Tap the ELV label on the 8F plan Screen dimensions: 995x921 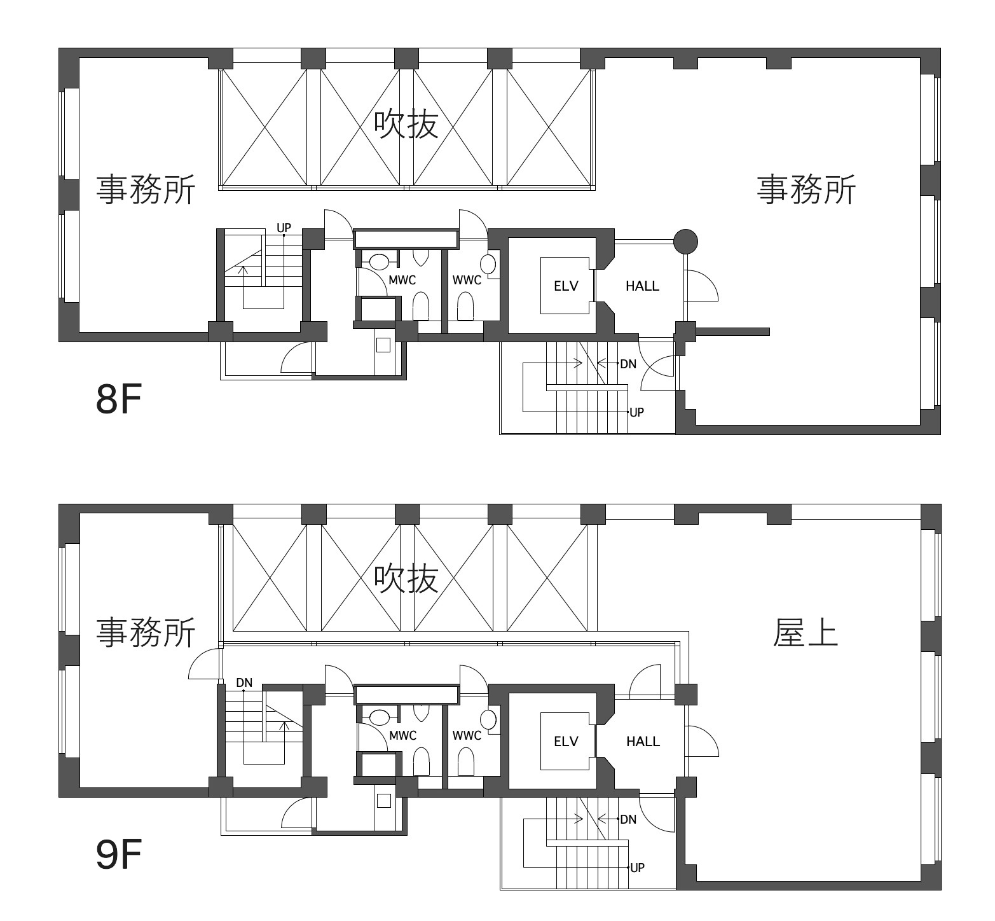coord(566,286)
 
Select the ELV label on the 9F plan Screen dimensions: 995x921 coord(566,742)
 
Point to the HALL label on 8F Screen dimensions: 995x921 coord(642,286)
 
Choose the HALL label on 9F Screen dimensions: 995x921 coord(643,742)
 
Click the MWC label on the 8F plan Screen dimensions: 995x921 coord(402,280)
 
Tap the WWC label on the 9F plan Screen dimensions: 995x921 coord(467,736)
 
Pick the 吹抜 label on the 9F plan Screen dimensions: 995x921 coord(406,578)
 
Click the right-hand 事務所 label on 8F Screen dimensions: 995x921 coord(806,190)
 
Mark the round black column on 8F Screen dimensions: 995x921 coord(685,241)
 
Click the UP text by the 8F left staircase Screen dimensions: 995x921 coord(284,228)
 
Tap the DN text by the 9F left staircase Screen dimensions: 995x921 coord(244,683)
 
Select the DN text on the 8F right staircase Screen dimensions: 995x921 coord(628,364)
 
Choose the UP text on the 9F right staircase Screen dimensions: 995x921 coord(636,868)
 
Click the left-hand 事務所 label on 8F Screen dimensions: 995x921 coord(146,190)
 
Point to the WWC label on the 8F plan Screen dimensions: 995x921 coord(467,280)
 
